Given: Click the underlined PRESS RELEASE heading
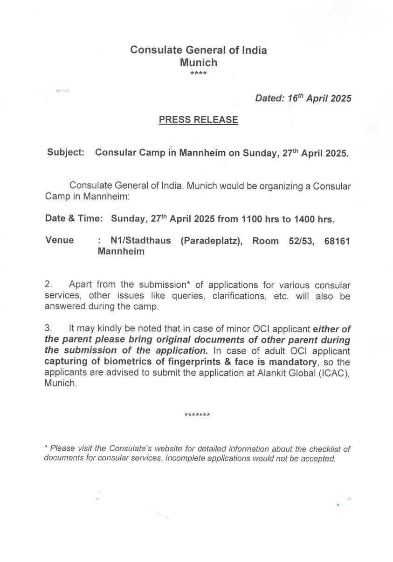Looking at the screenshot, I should [198, 120].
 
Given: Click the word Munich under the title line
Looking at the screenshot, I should [199, 62].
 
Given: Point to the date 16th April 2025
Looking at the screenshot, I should [317, 98].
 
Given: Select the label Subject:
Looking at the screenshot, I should [65, 153].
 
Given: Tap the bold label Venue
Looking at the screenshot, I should [60, 240].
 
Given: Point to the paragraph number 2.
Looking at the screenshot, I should [48, 285].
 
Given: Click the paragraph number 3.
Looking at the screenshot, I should [48, 328].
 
